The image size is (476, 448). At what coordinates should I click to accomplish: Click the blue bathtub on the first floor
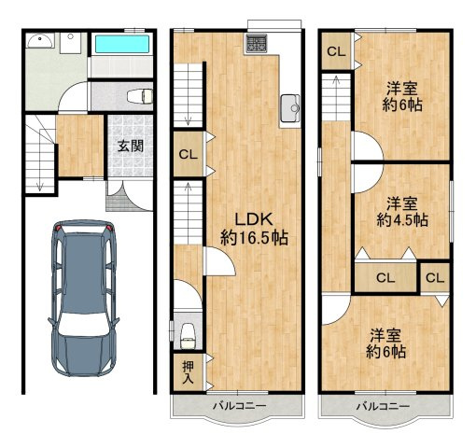click(121, 44)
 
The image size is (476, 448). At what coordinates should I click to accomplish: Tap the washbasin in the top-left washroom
click(40, 41)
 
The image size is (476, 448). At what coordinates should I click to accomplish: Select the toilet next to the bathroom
click(140, 96)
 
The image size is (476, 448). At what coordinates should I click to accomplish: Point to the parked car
click(83, 298)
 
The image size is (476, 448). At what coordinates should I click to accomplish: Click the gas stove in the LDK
click(256, 44)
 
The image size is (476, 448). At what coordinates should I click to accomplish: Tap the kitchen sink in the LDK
click(290, 108)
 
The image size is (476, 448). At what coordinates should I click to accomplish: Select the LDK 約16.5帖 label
click(254, 229)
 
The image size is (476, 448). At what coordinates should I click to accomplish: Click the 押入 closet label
click(188, 372)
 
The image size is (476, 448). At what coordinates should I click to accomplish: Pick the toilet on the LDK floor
click(188, 335)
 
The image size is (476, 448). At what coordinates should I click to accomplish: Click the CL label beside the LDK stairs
click(188, 154)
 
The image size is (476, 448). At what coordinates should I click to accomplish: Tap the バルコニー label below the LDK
click(240, 406)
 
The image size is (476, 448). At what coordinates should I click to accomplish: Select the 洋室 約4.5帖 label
click(402, 212)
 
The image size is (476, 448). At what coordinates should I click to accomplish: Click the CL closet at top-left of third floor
click(336, 51)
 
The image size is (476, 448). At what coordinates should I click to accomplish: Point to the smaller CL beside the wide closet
click(435, 278)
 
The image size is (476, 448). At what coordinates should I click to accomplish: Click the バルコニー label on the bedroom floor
click(383, 406)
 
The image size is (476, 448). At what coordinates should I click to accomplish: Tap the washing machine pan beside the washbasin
click(71, 43)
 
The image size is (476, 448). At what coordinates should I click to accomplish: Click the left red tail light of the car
click(59, 228)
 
